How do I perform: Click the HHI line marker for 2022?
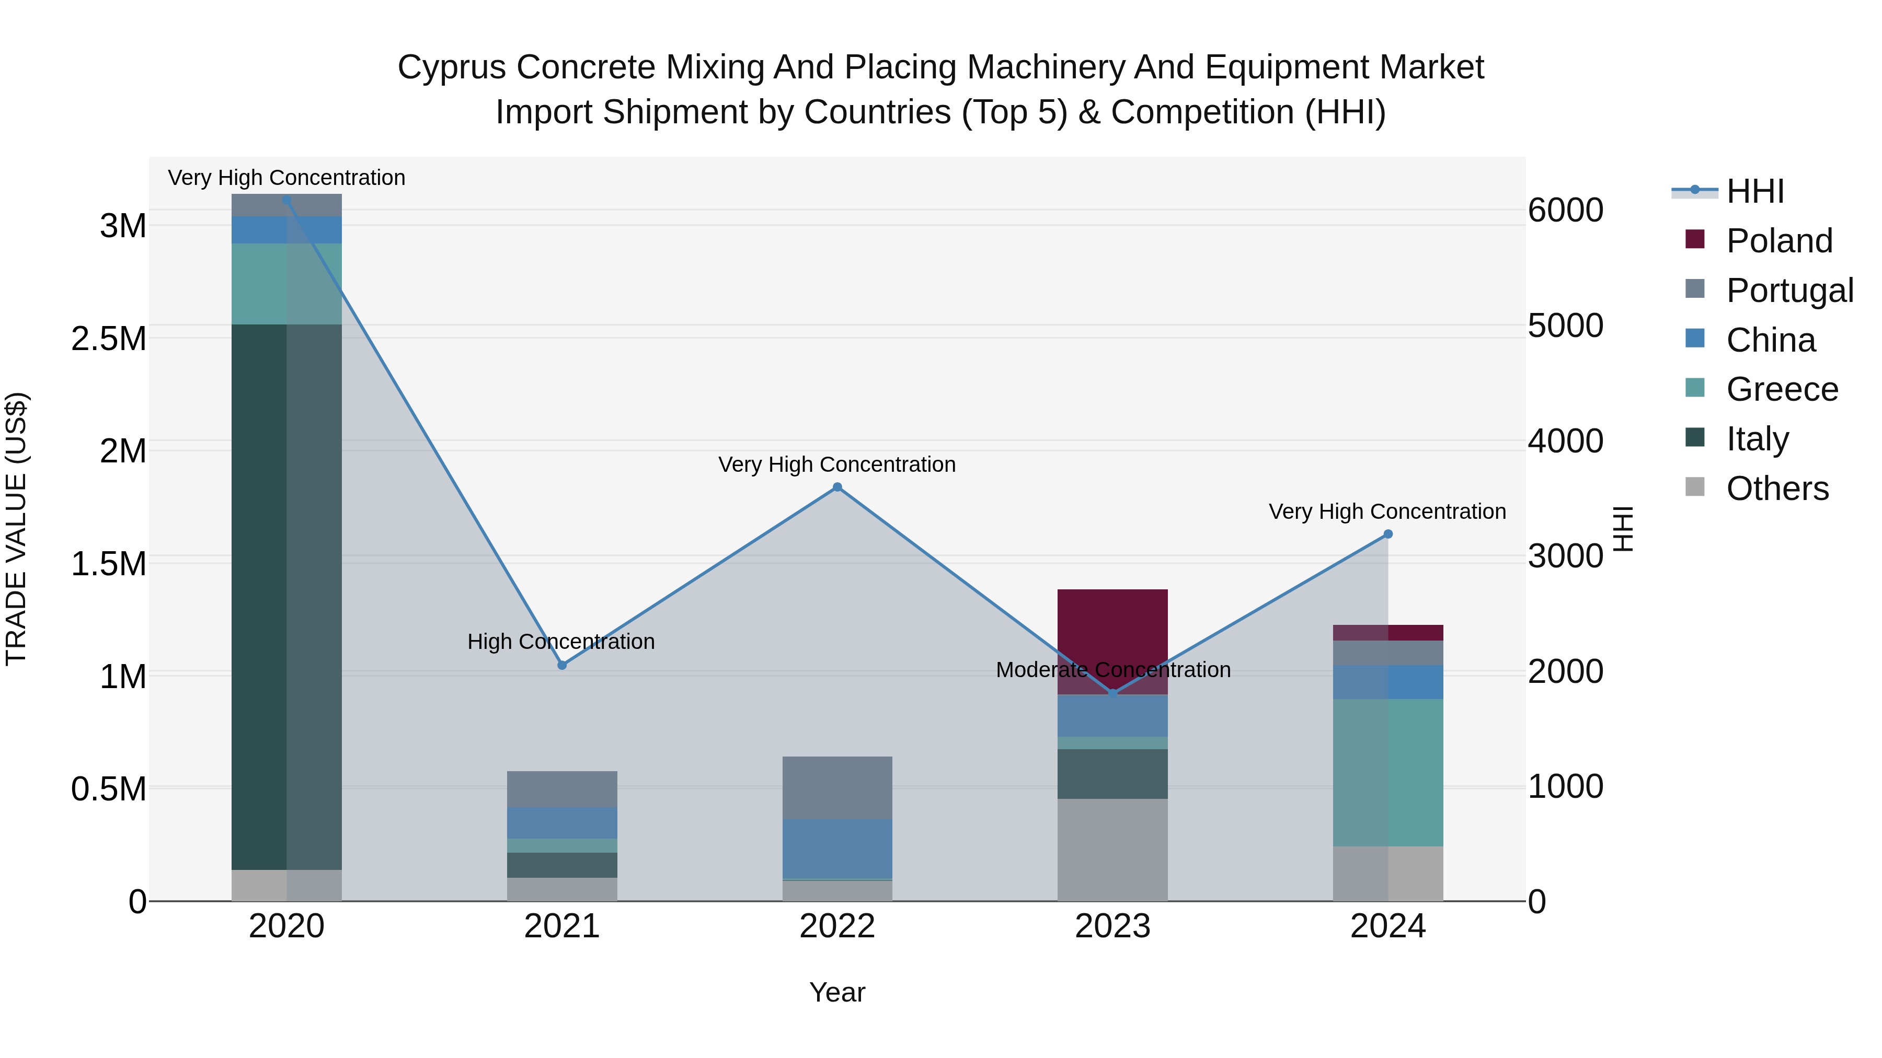tap(837, 487)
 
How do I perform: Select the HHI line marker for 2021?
tap(562, 665)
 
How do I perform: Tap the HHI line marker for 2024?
tap(1388, 534)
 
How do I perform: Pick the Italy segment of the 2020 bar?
tap(286, 597)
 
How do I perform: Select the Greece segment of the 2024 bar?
tap(1388, 773)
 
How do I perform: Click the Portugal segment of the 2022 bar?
tap(837, 788)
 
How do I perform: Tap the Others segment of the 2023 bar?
tap(1112, 850)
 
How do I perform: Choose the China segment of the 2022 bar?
tap(837, 848)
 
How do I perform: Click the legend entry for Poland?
tap(1779, 241)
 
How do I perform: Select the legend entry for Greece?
tap(1782, 389)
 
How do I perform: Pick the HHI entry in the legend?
tap(1755, 191)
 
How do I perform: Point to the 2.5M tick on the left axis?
tap(109, 339)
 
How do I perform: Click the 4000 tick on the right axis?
tap(1566, 441)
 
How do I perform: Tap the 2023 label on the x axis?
tap(1112, 926)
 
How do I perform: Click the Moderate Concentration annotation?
tap(1112, 670)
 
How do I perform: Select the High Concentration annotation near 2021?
tap(561, 642)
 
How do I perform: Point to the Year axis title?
tap(837, 992)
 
